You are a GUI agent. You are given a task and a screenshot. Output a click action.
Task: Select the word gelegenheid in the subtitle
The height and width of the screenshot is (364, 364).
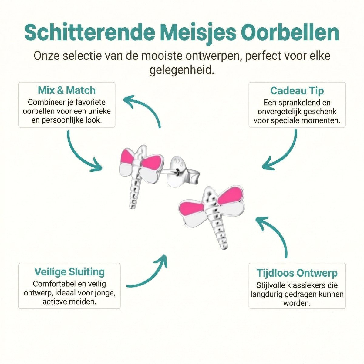coord(181,70)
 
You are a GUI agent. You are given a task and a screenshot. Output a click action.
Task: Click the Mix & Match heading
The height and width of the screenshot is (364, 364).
coord(67,90)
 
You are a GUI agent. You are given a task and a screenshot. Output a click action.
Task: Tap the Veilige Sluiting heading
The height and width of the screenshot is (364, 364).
coord(69,271)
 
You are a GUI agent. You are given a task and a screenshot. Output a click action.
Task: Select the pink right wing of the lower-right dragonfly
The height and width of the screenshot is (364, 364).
coord(231,195)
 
